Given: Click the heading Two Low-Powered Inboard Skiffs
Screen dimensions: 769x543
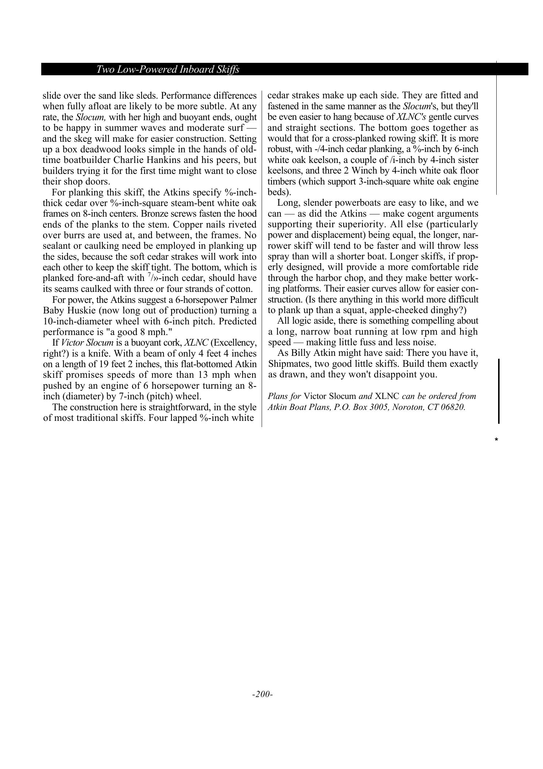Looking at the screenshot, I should point(168,69).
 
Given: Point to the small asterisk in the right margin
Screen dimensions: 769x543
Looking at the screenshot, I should point(496,439).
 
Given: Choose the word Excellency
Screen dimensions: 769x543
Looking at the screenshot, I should point(234,343).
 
